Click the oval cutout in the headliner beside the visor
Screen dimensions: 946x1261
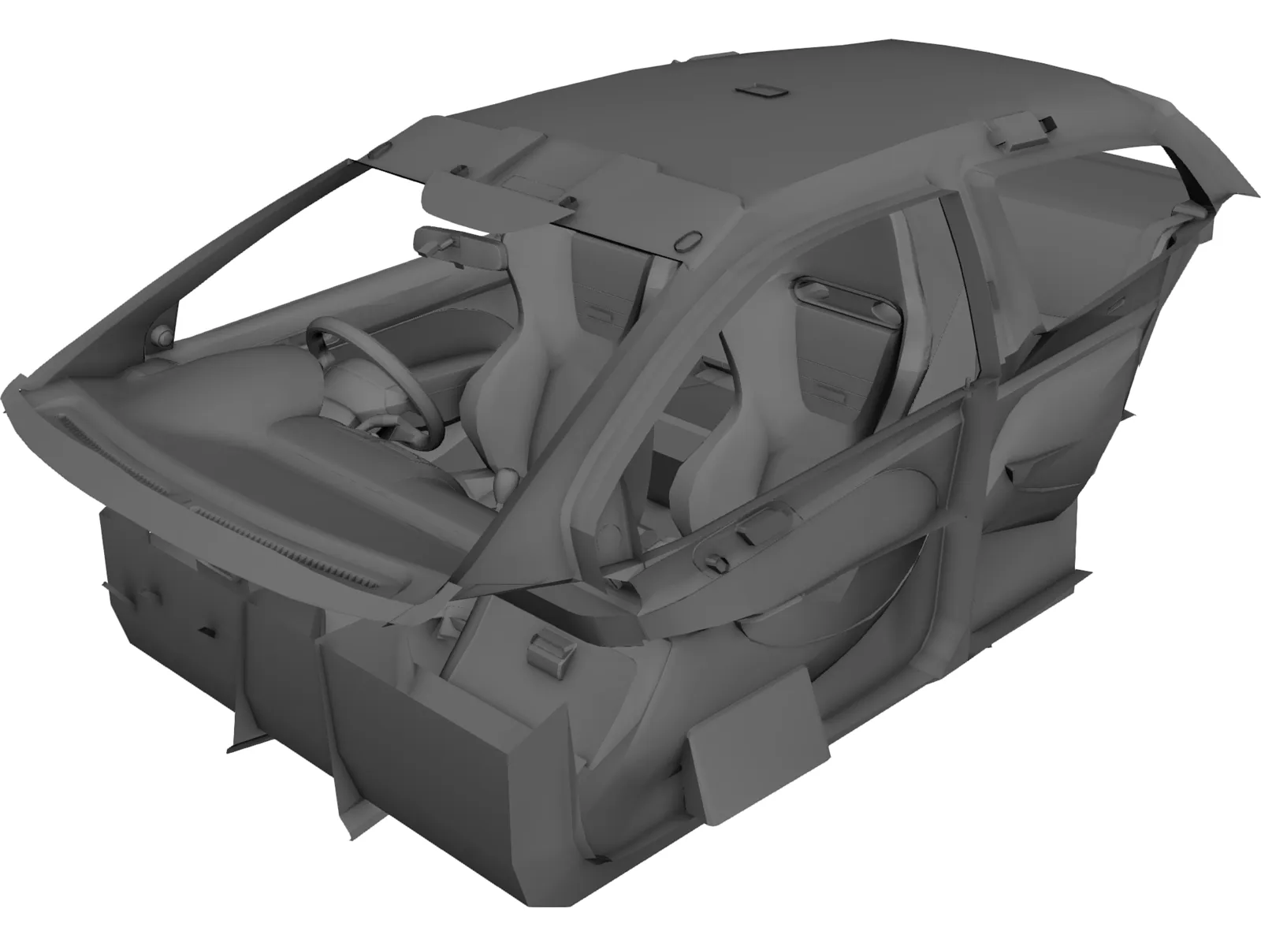[x=688, y=238]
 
